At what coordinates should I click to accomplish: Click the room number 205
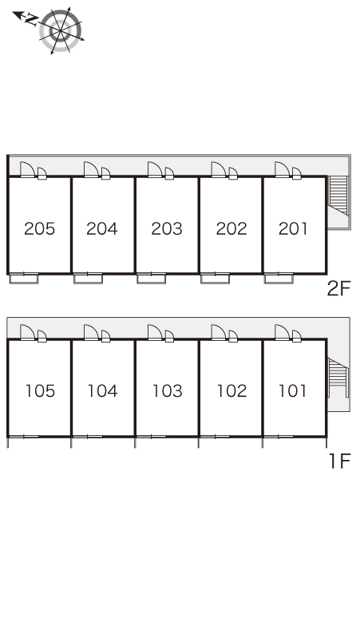click(x=39, y=228)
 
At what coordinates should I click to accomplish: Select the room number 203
click(x=167, y=228)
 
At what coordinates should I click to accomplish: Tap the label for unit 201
click(x=293, y=228)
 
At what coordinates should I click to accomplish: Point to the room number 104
click(x=102, y=391)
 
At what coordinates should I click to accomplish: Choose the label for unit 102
click(x=231, y=391)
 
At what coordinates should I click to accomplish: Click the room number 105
click(x=40, y=391)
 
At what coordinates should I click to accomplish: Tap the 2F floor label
click(x=338, y=289)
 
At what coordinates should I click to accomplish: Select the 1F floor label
click(x=339, y=462)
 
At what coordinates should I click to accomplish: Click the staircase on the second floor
click(x=338, y=196)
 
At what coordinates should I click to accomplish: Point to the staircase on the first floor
click(x=338, y=377)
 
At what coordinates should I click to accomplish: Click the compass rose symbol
click(x=60, y=31)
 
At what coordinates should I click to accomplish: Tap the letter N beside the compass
click(x=32, y=20)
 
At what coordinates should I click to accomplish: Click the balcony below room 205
click(x=24, y=278)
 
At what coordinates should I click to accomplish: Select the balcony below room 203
click(x=152, y=278)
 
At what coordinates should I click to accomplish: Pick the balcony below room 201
click(x=279, y=278)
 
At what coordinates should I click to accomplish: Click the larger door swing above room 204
click(x=91, y=169)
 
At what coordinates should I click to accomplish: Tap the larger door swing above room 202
click(x=219, y=169)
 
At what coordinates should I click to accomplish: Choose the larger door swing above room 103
click(x=155, y=332)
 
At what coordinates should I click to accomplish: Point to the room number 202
click(x=231, y=228)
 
